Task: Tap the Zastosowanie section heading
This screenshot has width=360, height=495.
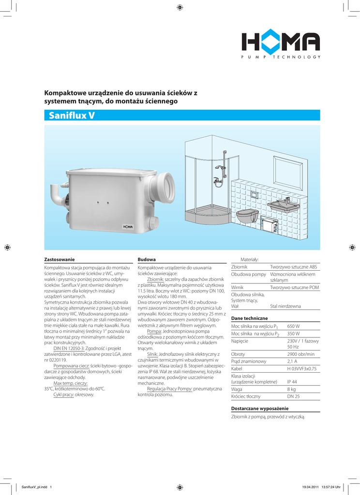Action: pyautogui.click(x=60, y=259)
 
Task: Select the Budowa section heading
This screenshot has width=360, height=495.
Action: pyautogui.click(x=147, y=259)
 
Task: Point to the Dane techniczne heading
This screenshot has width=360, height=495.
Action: pyautogui.click(x=250, y=319)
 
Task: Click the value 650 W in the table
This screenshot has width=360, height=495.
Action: pyautogui.click(x=294, y=326)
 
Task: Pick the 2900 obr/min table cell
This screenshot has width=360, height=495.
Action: pyautogui.click(x=301, y=354)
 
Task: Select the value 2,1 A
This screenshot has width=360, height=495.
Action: pyautogui.click(x=292, y=361)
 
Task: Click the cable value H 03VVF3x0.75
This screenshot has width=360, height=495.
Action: pyautogui.click(x=302, y=368)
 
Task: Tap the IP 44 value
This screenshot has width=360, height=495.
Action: pyautogui.click(x=292, y=381)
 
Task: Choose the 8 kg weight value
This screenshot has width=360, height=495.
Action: pyautogui.click(x=291, y=389)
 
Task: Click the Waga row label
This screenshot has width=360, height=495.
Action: pyautogui.click(x=237, y=389)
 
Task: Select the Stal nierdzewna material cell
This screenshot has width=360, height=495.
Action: pyautogui.click(x=285, y=306)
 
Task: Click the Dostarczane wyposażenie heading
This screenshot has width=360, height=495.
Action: pyautogui.click(x=260, y=408)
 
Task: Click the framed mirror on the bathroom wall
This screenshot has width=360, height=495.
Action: pyautogui.click(x=288, y=172)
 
